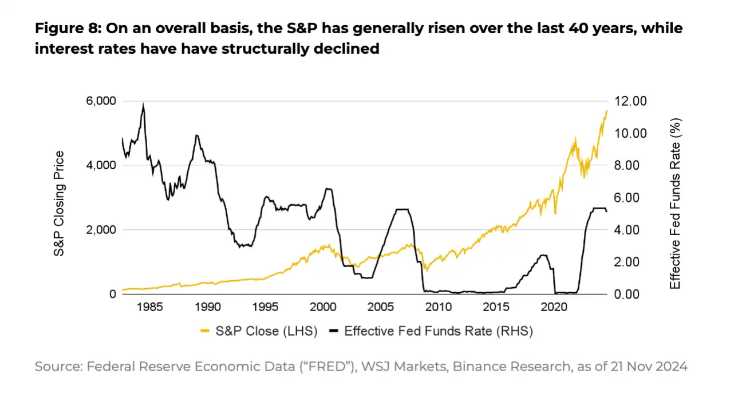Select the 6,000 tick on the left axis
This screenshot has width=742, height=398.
[101, 101]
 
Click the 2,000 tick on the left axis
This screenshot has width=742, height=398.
[101, 230]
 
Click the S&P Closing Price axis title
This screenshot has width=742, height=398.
[59, 204]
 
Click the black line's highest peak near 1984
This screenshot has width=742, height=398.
[143, 104]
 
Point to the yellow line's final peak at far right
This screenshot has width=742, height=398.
[606, 110]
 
